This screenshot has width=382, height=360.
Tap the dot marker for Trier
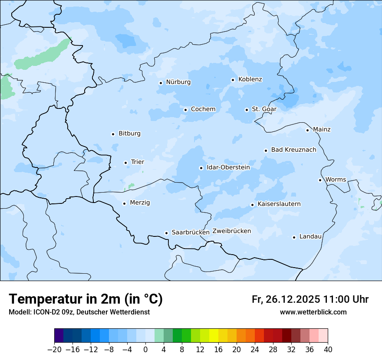(x=126, y=163)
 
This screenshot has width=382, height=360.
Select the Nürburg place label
(x=178, y=82)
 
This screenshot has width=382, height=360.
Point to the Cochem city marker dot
(x=185, y=110)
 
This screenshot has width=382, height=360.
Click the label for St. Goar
(x=264, y=109)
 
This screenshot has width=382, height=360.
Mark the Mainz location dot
(x=307, y=130)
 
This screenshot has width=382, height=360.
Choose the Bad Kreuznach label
(x=293, y=150)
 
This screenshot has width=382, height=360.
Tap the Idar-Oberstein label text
(x=228, y=167)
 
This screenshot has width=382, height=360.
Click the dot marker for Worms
(x=320, y=180)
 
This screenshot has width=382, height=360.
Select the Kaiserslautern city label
(x=279, y=204)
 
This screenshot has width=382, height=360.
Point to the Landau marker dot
(x=294, y=237)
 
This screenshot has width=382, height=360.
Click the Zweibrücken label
(x=231, y=231)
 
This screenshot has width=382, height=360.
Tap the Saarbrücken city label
(x=191, y=232)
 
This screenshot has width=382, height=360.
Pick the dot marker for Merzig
(x=124, y=203)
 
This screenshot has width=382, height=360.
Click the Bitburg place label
(x=129, y=134)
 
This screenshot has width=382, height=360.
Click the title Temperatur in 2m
(x=86, y=299)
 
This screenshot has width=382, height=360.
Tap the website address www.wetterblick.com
(x=313, y=312)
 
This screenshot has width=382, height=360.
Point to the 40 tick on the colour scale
(x=328, y=350)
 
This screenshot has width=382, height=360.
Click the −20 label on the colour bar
(x=54, y=350)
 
